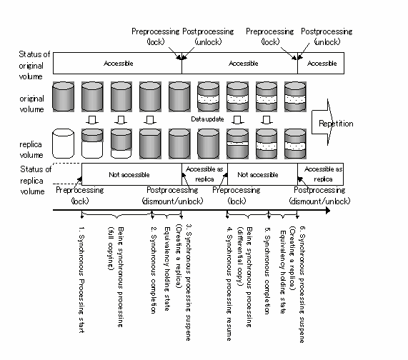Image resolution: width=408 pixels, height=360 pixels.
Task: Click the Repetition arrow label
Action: (336, 124)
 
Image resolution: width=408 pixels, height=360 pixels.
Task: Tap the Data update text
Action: (207, 119)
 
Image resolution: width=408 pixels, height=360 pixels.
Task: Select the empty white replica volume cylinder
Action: (63, 144)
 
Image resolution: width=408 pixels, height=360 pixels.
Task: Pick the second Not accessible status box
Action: (262, 174)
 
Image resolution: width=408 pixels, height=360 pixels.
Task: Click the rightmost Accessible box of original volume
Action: (321, 63)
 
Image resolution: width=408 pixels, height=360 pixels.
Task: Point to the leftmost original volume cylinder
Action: (63, 96)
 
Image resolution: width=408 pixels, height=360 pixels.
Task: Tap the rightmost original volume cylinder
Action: (295, 96)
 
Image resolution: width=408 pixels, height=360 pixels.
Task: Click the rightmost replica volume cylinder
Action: (295, 144)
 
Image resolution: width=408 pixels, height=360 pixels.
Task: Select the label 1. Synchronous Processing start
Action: (81, 279)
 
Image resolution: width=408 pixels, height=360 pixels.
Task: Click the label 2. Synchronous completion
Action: (154, 270)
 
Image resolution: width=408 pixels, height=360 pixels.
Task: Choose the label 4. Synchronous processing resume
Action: (229, 284)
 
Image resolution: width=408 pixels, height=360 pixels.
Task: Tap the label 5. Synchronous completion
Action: (267, 271)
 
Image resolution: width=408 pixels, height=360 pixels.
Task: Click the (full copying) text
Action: (111, 249)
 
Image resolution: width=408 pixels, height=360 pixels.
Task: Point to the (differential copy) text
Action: (240, 256)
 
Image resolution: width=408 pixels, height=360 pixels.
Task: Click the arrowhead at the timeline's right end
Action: (328, 210)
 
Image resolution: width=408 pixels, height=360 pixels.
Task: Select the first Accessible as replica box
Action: (204, 174)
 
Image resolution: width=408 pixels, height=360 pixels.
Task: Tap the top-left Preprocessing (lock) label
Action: (155, 36)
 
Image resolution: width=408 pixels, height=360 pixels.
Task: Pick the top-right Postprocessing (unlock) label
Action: (327, 36)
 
